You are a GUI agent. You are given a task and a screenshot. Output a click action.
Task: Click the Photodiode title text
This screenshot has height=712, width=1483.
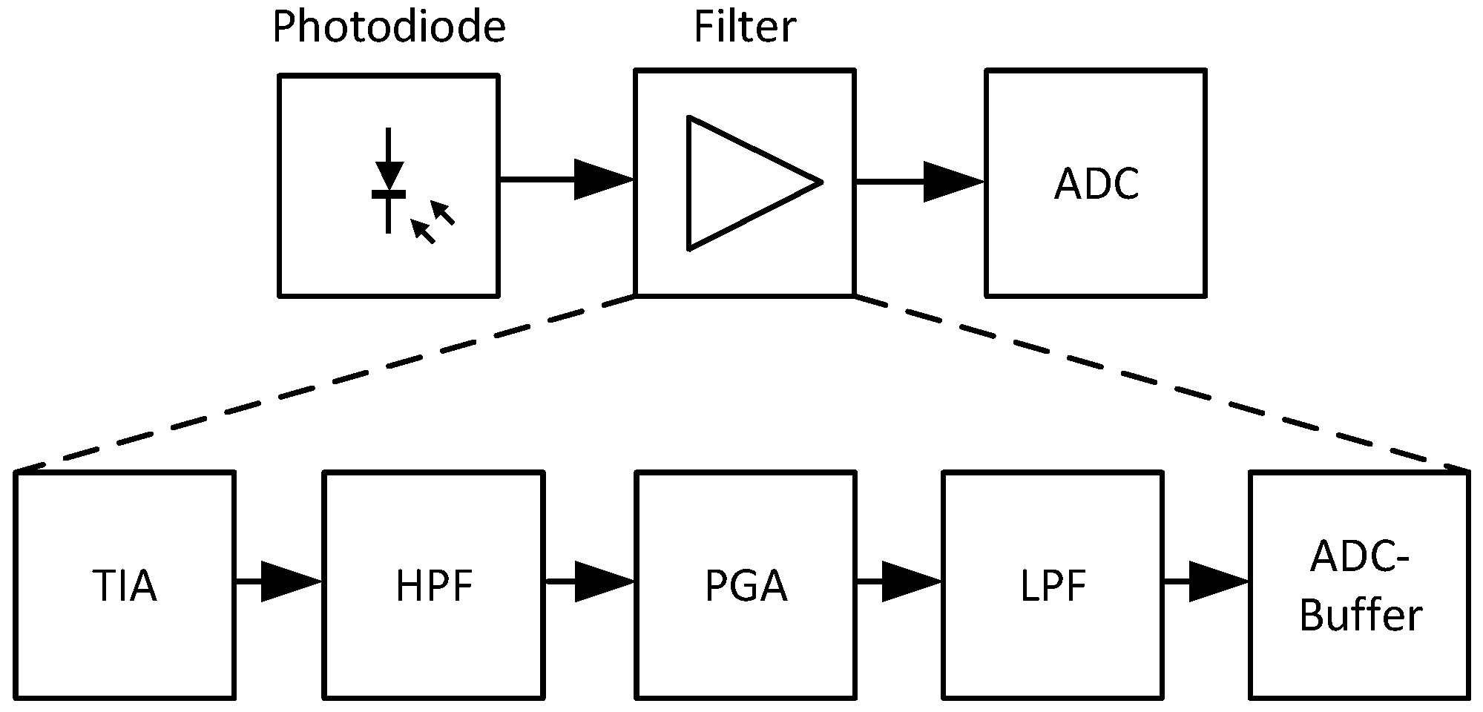(x=389, y=28)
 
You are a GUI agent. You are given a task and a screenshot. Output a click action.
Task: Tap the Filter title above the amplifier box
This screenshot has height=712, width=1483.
(x=744, y=27)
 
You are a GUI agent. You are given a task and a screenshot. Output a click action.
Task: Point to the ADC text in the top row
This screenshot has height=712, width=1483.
(x=1096, y=184)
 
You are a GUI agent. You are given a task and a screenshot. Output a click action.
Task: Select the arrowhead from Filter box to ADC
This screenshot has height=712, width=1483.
(x=952, y=181)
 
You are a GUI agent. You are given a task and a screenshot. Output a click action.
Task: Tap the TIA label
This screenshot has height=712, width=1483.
(x=125, y=587)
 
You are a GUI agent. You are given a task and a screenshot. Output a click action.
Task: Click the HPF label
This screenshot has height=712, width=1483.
(x=434, y=587)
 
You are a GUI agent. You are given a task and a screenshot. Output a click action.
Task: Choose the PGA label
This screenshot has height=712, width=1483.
(x=746, y=587)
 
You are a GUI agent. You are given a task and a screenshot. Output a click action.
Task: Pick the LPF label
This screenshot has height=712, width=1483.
(x=1053, y=587)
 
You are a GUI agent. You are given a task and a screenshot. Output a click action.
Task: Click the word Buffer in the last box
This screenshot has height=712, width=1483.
(x=1361, y=616)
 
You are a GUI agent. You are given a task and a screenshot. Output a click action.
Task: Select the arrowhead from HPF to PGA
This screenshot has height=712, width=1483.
(x=602, y=581)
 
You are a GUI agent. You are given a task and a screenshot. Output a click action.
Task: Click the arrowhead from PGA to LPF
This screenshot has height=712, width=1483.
(x=911, y=581)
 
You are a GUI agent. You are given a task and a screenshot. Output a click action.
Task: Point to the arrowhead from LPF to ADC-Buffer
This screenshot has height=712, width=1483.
(x=1218, y=581)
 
